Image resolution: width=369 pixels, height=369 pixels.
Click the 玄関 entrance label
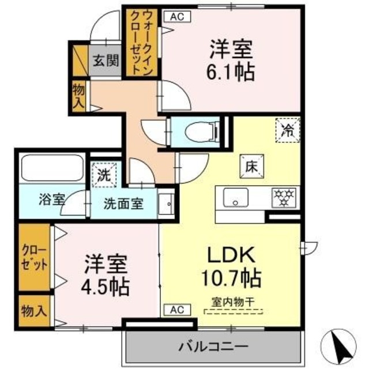tap(104, 59)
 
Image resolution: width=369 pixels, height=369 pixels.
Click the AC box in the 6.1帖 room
tap(176, 17)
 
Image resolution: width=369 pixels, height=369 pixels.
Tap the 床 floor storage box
tap(251, 167)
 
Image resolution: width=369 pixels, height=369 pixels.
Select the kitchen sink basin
tap(235, 198)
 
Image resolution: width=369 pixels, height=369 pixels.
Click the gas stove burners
tap(283, 198)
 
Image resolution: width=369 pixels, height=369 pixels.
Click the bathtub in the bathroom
tap(52, 168)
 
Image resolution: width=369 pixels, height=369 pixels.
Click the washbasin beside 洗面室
tap(165, 204)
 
